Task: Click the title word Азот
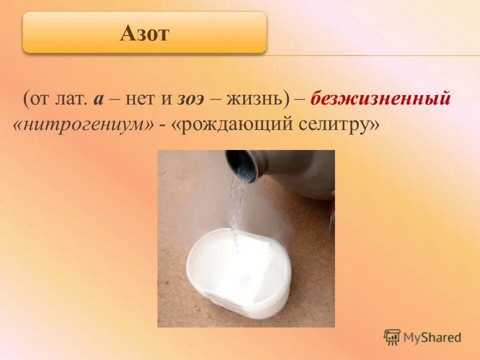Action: point(145,33)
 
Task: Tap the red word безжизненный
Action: point(380,98)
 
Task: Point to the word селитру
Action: point(339,125)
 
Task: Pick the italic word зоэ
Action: point(190,98)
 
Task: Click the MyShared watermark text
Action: point(433,337)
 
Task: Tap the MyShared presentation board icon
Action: point(392,337)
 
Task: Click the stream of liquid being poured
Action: point(236,205)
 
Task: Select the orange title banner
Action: point(144,33)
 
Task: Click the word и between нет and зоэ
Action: point(165,98)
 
